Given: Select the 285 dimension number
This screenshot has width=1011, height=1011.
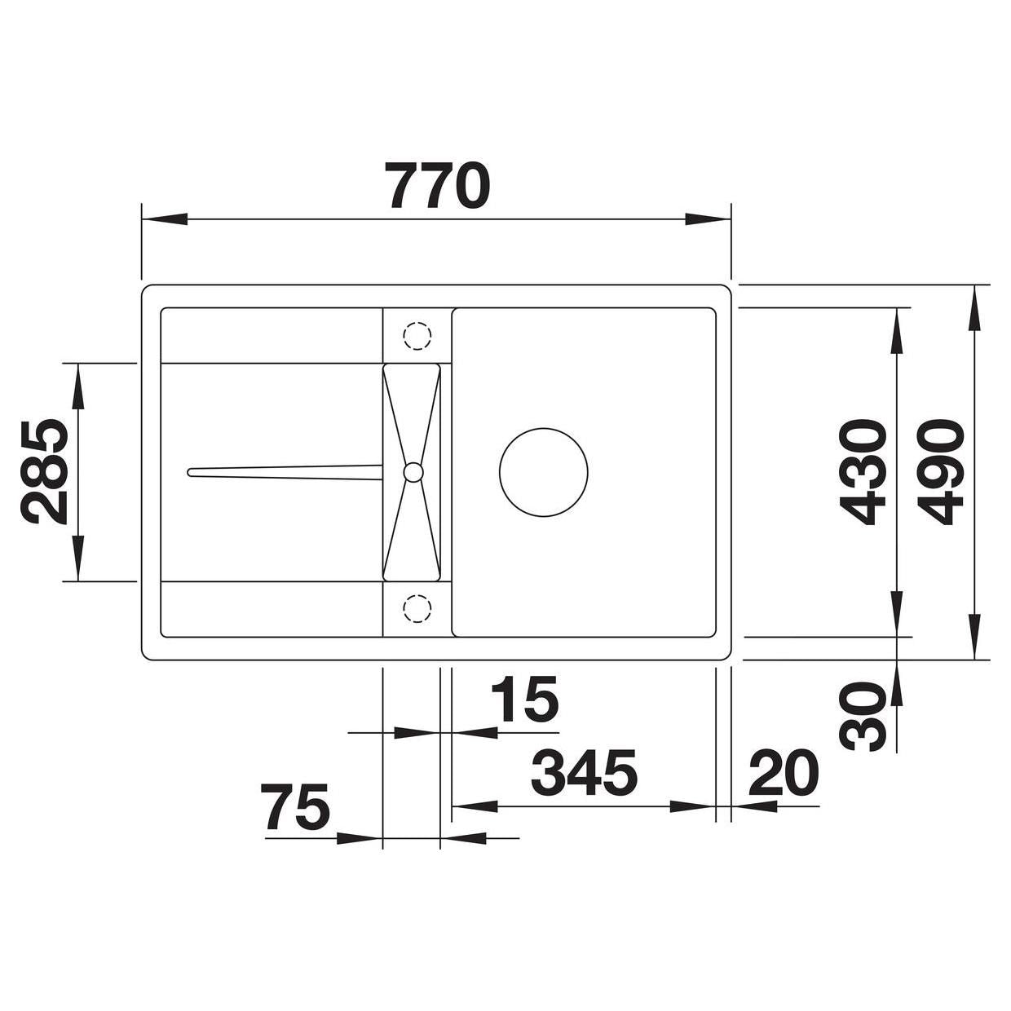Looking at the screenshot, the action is tap(44, 471).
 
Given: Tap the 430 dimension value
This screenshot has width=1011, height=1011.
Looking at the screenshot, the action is tap(862, 471).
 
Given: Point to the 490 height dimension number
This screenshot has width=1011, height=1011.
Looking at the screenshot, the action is tap(940, 471).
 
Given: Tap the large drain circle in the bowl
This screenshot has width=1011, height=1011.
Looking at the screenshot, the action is tap(544, 472).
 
